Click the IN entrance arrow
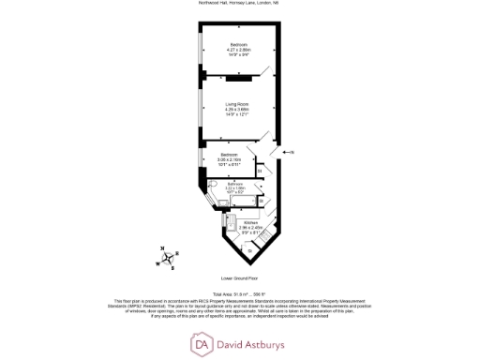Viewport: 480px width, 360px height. tap(288, 151)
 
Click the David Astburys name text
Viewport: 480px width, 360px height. tap(256, 345)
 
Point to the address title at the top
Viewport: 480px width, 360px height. tap(240, 5)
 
